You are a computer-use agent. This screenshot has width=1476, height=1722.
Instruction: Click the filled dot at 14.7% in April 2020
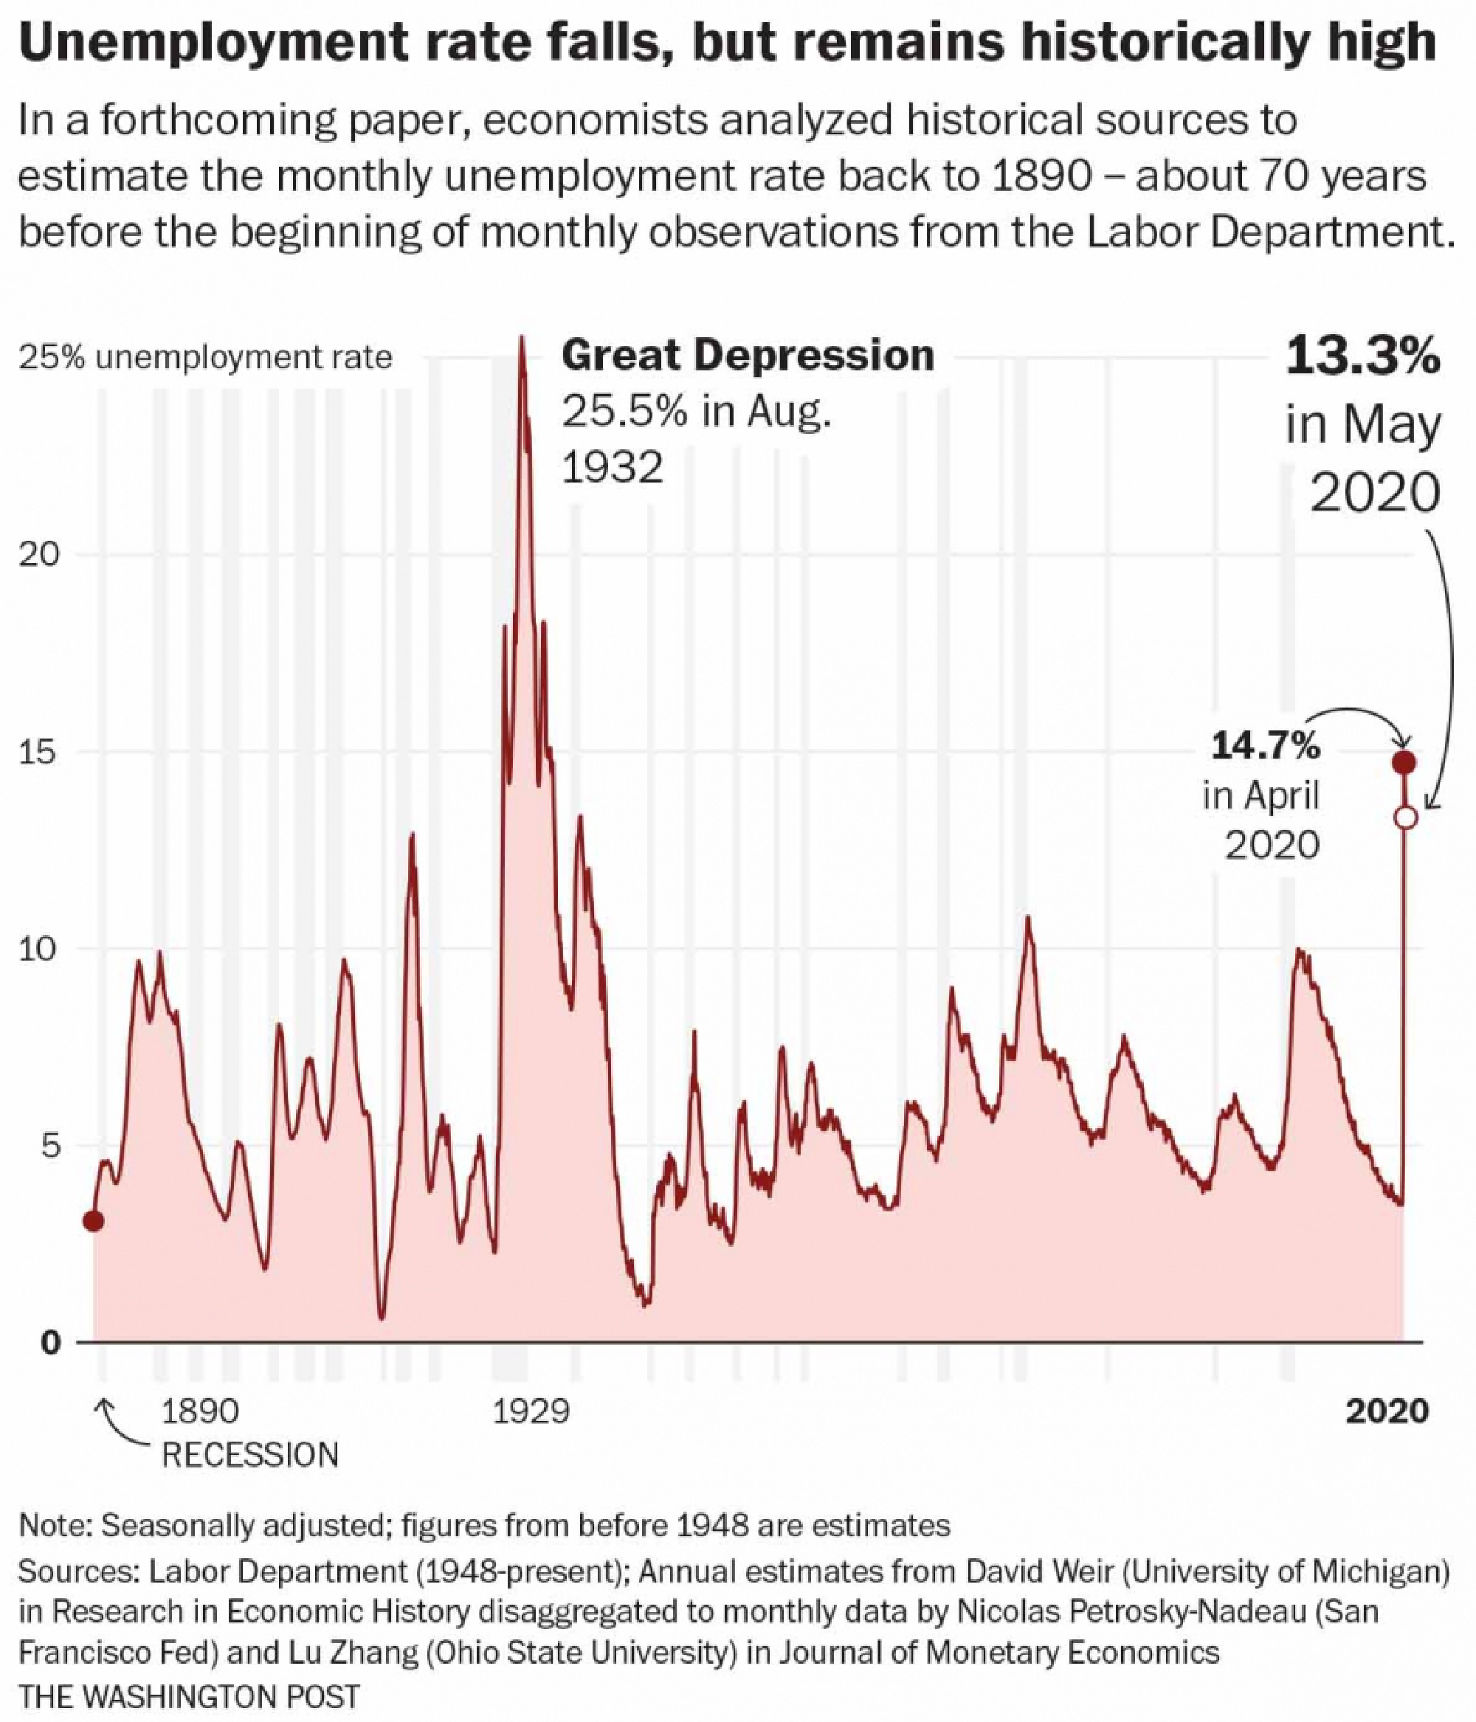click(1404, 762)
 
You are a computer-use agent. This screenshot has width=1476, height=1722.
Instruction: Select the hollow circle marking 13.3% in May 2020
click(1404, 817)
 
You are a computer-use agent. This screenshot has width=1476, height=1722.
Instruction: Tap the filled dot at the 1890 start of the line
click(93, 1221)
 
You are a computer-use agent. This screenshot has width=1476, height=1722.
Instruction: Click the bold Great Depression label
click(748, 356)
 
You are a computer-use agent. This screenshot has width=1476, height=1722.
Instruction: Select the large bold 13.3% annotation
click(1362, 357)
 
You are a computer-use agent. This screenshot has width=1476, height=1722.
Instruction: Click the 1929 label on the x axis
click(531, 1411)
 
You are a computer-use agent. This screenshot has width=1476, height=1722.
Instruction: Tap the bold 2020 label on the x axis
click(1386, 1411)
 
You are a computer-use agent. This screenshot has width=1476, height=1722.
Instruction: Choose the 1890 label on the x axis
click(199, 1411)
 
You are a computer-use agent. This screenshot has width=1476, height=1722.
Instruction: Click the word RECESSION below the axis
click(249, 1455)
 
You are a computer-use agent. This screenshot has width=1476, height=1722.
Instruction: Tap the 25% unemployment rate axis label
click(205, 358)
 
